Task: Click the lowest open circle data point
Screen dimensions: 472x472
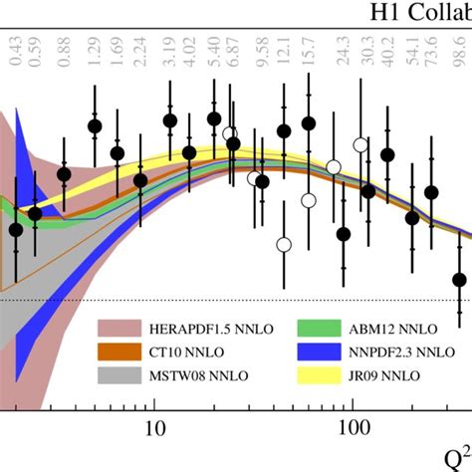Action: click(285, 244)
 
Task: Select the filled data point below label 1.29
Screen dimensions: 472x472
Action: click(95, 125)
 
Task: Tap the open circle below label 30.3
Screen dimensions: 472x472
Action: click(359, 145)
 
